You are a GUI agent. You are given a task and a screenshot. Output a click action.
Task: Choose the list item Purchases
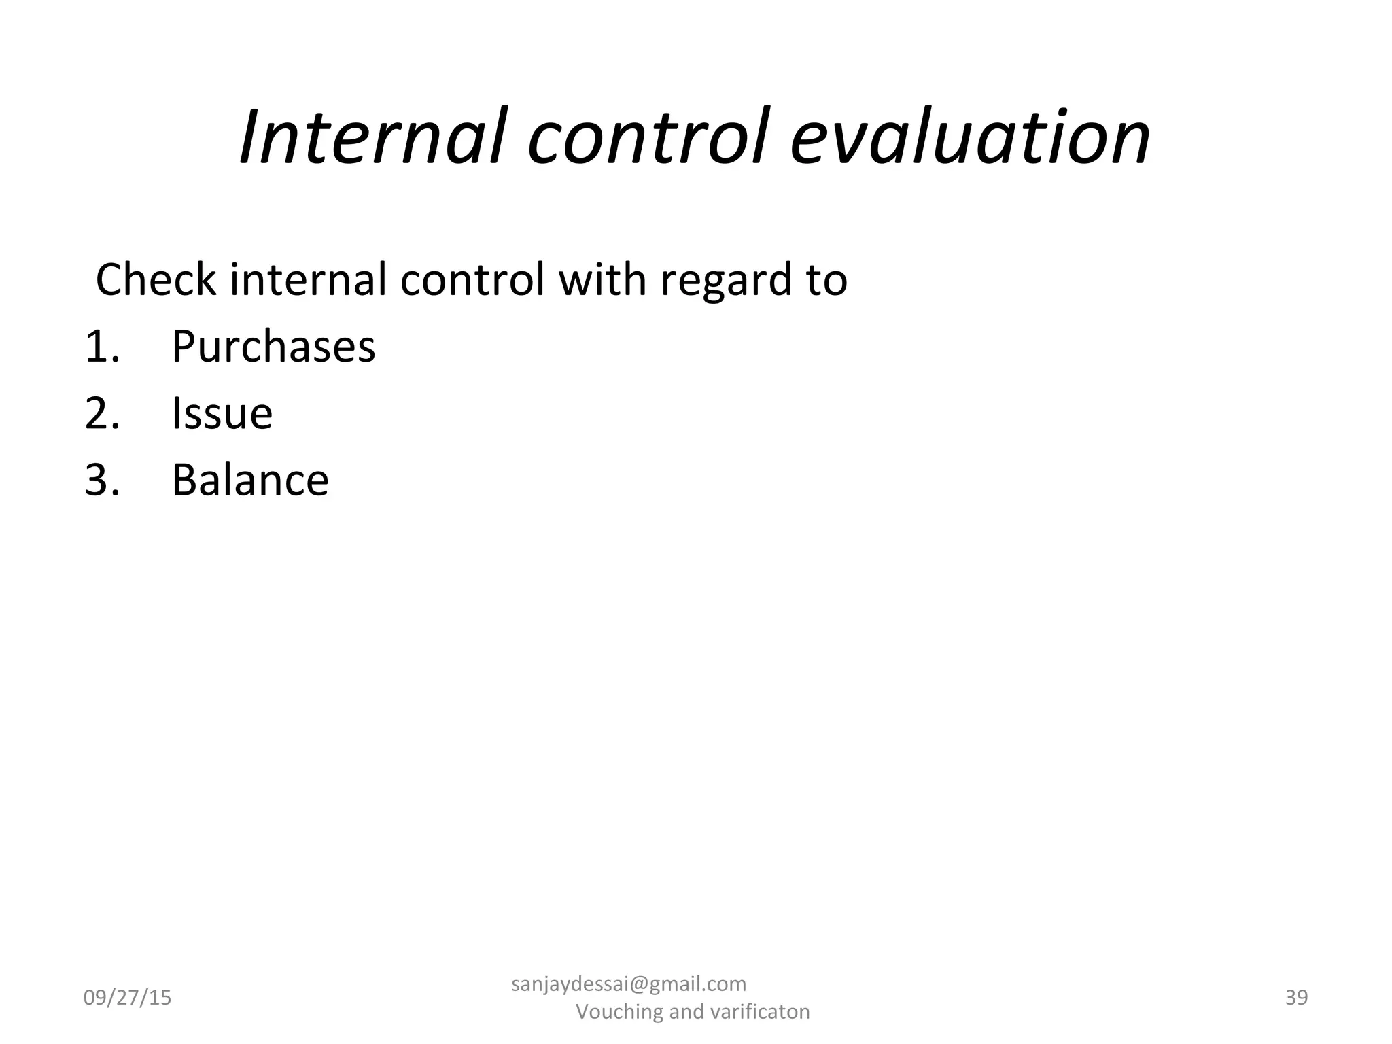pyautogui.click(x=273, y=347)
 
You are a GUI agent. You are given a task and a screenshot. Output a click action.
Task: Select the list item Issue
pyautogui.click(x=222, y=413)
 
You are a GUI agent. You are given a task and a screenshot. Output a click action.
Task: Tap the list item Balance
pyautogui.click(x=250, y=480)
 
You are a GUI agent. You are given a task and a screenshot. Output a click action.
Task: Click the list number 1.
pyautogui.click(x=102, y=347)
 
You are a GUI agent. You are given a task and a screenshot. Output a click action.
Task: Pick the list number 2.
pyautogui.click(x=102, y=413)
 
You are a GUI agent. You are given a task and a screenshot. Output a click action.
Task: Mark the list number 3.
pyautogui.click(x=102, y=480)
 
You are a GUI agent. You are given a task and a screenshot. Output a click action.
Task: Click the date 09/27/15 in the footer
pyautogui.click(x=127, y=998)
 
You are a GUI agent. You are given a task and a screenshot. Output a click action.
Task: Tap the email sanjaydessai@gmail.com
pyautogui.click(x=628, y=984)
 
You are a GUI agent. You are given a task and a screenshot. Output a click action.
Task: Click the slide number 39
pyautogui.click(x=1296, y=997)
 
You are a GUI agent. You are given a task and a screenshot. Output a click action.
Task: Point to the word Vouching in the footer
pyautogui.click(x=619, y=1012)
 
